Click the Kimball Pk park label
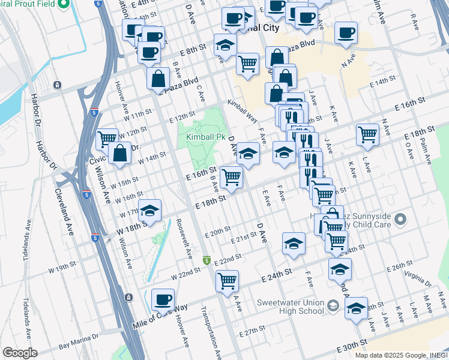tap(200, 137)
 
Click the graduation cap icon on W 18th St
tap(150, 210)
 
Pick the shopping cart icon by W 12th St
tap(107, 139)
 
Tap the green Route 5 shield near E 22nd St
tap(206, 260)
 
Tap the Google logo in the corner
tap(19, 353)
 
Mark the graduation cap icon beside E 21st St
tap(294, 243)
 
